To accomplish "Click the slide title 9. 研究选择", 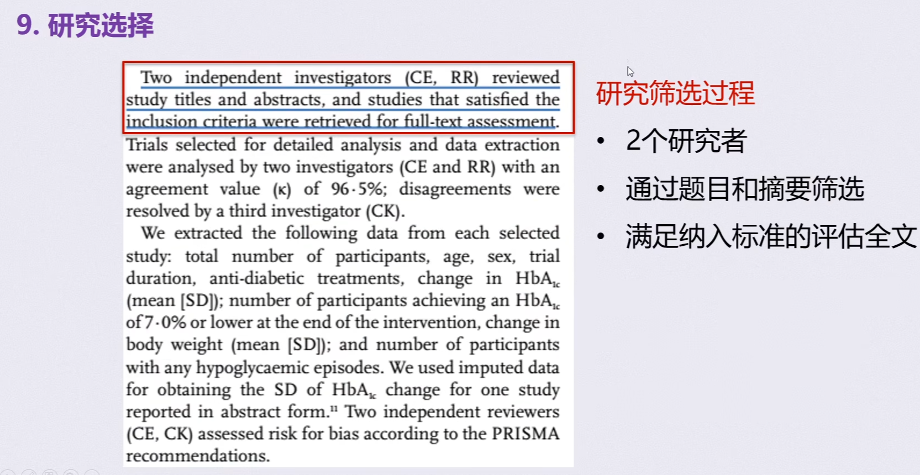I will (85, 25).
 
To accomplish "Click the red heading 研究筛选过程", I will (675, 93).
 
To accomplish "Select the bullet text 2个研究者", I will (686, 140).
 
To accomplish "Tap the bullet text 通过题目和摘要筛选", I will (745, 189).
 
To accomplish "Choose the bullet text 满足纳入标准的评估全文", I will (771, 236).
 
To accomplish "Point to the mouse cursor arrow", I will (630, 71).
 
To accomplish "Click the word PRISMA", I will (525, 434).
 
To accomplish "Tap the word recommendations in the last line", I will (197, 456).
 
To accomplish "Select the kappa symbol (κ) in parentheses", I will (282, 189).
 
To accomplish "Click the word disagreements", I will (455, 189).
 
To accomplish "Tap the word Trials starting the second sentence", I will (146, 145).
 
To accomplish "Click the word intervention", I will (430, 322).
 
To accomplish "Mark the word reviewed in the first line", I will (525, 77).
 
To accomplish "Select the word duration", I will (160, 278).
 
